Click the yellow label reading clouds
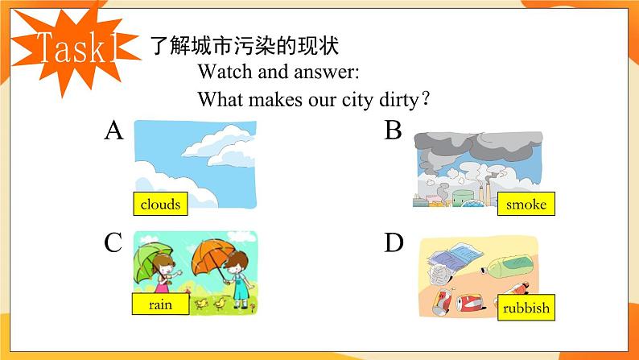pyautogui.click(x=160, y=204)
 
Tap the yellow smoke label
pyautogui.click(x=526, y=205)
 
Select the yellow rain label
pyautogui.click(x=160, y=304)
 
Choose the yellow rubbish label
pyautogui.click(x=526, y=308)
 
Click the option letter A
pyautogui.click(x=113, y=130)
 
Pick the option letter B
pyautogui.click(x=393, y=130)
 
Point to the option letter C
pyautogui.click(x=113, y=242)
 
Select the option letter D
pyautogui.click(x=394, y=242)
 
